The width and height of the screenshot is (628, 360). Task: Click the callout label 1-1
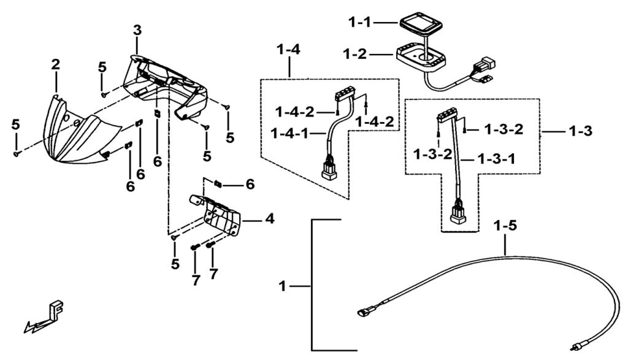tap(359, 23)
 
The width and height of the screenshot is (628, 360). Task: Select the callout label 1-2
tap(355, 53)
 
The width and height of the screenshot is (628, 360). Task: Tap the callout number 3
tap(137, 30)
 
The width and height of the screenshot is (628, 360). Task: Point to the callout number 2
tap(55, 64)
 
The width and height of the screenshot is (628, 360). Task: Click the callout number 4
tap(270, 219)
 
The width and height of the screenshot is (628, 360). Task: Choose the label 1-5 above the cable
tap(505, 226)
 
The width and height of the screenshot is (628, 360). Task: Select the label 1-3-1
tap(496, 159)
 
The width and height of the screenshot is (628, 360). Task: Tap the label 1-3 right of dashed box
tap(580, 131)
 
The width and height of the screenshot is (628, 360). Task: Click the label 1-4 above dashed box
tap(288, 50)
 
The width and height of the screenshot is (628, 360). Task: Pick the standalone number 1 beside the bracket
tap(283, 286)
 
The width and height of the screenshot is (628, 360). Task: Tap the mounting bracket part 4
tap(216, 214)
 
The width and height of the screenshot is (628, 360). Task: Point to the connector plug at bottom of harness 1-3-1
tap(458, 211)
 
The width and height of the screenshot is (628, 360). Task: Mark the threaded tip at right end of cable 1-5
tap(573, 345)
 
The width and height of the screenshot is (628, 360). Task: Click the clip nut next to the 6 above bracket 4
tap(218, 184)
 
